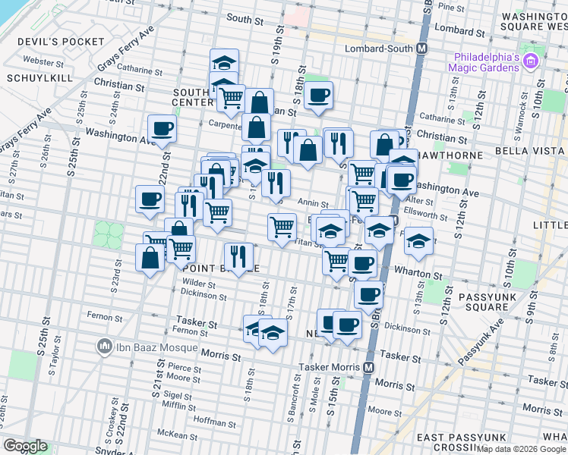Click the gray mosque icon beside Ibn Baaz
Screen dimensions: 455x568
tap(105, 348)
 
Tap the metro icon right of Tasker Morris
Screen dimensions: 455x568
tap(369, 367)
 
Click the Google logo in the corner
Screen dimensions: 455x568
tap(26, 446)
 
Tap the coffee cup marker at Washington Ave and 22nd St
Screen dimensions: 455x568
tap(162, 130)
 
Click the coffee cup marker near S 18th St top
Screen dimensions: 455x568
tap(318, 96)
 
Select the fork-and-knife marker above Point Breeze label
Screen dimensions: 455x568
tap(239, 256)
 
